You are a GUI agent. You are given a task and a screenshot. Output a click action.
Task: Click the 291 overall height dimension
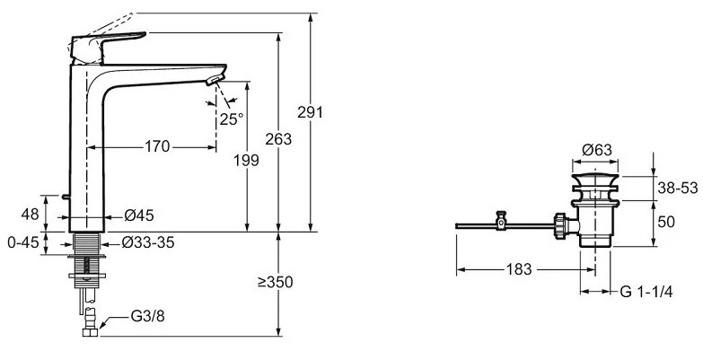point(310,111)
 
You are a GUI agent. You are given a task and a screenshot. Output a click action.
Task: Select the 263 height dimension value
point(278,139)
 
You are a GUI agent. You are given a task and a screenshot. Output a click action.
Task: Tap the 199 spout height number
point(246,160)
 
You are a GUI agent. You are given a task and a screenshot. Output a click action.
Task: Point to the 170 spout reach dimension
point(157,146)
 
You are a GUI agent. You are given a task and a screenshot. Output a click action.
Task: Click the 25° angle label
point(232,119)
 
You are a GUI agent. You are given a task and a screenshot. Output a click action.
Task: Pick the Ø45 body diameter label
point(139,215)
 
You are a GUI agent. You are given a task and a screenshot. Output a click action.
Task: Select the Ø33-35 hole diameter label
point(148,243)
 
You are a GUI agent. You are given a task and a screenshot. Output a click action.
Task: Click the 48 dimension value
point(30,215)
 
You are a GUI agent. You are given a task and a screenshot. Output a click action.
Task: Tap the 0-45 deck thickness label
point(23,242)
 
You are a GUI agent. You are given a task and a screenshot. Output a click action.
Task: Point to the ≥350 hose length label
point(275,282)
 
